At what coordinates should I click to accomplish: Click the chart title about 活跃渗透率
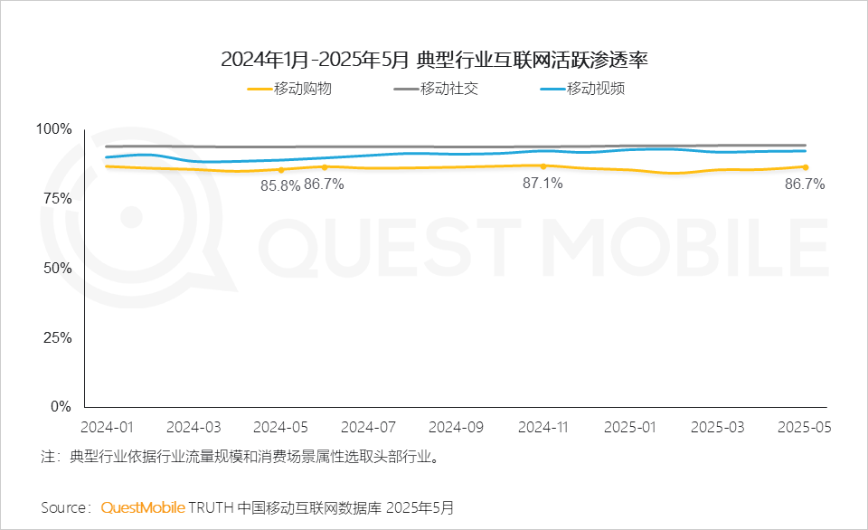click(x=434, y=60)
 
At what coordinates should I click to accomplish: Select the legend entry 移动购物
click(x=289, y=89)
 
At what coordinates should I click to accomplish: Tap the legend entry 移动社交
click(x=436, y=89)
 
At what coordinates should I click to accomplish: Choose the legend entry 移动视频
click(x=583, y=89)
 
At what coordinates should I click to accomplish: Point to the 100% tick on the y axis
click(x=53, y=129)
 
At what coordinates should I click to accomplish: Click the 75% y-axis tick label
click(x=58, y=199)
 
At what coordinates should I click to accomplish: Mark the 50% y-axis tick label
click(x=58, y=269)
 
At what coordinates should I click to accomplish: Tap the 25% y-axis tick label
click(x=58, y=338)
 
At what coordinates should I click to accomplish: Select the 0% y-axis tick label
click(x=61, y=407)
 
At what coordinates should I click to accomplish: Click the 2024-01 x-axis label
click(x=107, y=428)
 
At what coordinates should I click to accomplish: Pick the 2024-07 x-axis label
click(x=368, y=428)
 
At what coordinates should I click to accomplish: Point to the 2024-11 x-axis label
click(x=543, y=428)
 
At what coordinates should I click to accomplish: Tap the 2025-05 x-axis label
click(x=805, y=428)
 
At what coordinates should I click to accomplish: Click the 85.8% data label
click(x=280, y=186)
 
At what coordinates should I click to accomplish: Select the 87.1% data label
click(x=542, y=184)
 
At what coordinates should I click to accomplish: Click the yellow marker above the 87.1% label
click(x=543, y=166)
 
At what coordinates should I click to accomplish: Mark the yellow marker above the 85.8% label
click(x=281, y=170)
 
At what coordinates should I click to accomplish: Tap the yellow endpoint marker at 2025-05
click(x=806, y=167)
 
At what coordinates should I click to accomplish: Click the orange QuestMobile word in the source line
click(x=143, y=507)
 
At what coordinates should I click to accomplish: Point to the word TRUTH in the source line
click(x=211, y=508)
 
